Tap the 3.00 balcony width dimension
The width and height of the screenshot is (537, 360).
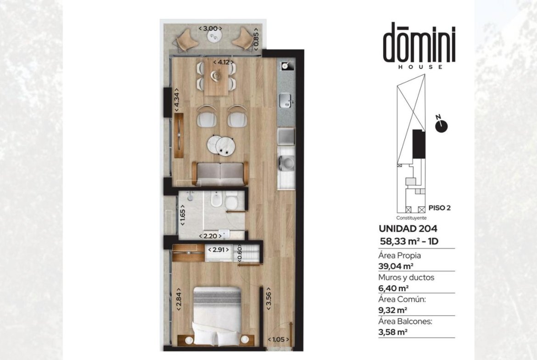pyautogui.click(x=210, y=28)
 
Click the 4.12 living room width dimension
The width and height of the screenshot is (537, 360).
pyautogui.click(x=224, y=62)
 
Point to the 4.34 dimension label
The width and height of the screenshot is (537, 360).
pyautogui.click(x=176, y=100)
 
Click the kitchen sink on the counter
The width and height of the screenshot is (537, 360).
pyautogui.click(x=285, y=100)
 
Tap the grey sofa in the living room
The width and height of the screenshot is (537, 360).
pyautogui.click(x=220, y=174)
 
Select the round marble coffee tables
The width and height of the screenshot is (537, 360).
pyautogui.click(x=221, y=145)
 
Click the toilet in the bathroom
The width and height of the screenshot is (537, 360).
pyautogui.click(x=231, y=200)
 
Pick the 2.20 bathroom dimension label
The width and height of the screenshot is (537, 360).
pyautogui.click(x=210, y=236)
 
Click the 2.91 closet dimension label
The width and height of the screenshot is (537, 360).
pyautogui.click(x=218, y=250)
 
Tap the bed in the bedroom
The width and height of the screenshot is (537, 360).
pyautogui.click(x=217, y=316)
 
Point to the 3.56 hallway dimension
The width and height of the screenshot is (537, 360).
pyautogui.click(x=268, y=299)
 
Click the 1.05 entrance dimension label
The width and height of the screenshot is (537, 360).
pyautogui.click(x=279, y=339)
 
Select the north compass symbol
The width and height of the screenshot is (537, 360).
pyautogui.click(x=441, y=125)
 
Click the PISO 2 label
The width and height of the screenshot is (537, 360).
pyautogui.click(x=440, y=208)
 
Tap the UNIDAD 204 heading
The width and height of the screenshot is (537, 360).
pyautogui.click(x=408, y=228)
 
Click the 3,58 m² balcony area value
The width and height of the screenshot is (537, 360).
pyautogui.click(x=393, y=332)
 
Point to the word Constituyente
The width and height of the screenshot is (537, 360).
pyautogui.click(x=411, y=218)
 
